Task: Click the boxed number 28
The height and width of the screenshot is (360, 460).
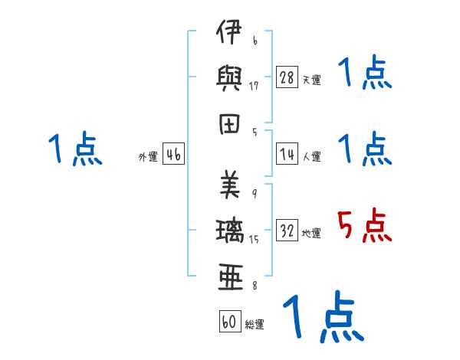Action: click(x=287, y=77)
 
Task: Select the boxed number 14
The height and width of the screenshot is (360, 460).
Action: click(x=287, y=154)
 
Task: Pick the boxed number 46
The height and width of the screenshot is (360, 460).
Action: click(x=173, y=155)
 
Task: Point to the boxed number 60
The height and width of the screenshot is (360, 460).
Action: click(x=229, y=322)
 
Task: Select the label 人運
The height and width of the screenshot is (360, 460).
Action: click(x=311, y=156)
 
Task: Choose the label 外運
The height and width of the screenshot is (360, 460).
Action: click(x=147, y=157)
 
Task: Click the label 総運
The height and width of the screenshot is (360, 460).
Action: click(x=255, y=324)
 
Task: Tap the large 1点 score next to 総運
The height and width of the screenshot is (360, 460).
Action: click(x=322, y=316)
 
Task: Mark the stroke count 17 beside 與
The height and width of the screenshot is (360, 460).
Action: click(x=253, y=85)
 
